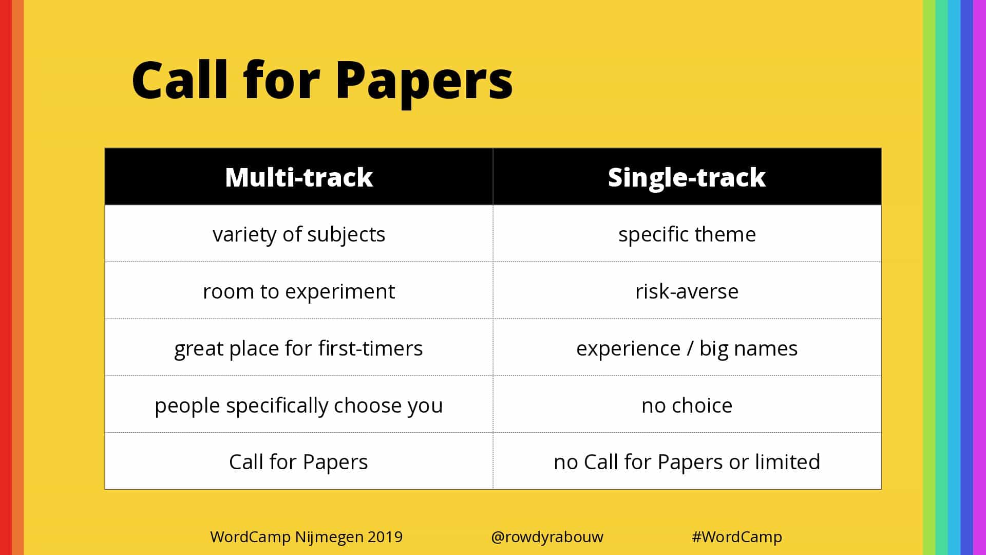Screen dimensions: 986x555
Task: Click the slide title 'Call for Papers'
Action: point(322,81)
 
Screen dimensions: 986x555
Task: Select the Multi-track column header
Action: point(299,177)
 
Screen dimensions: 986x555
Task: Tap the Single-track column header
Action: point(687,177)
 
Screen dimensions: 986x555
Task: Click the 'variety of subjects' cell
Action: point(299,234)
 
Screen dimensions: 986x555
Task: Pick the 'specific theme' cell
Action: point(687,234)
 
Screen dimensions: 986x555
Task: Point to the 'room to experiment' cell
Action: point(299,291)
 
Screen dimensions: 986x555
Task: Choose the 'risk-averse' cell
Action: point(687,291)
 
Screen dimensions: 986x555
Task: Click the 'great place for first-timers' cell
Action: point(299,348)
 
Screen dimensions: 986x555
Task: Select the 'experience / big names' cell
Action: point(687,348)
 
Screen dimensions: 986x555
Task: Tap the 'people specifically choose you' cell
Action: point(299,405)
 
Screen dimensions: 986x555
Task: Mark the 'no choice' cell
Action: point(687,405)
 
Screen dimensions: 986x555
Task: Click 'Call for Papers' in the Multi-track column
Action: point(299,461)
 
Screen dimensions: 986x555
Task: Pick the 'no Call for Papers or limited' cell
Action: point(687,461)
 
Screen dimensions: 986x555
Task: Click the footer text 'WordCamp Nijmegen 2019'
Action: point(307,537)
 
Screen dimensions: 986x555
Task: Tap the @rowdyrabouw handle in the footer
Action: point(547,537)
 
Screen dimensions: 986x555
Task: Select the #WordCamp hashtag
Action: point(737,537)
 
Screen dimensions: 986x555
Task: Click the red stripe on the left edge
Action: point(6,277)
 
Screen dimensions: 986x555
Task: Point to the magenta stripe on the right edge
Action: point(980,277)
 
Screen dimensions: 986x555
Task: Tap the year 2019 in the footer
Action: point(385,536)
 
